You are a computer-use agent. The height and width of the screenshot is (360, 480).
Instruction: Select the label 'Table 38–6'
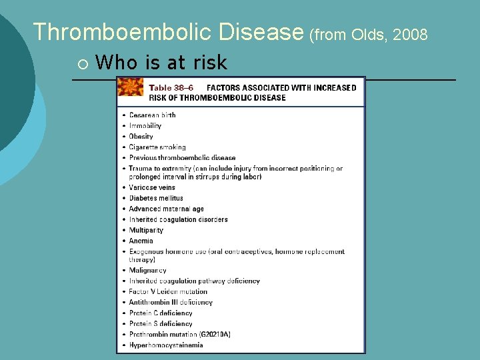point(171,87)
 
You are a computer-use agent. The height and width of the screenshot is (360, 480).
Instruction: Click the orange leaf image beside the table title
point(131,87)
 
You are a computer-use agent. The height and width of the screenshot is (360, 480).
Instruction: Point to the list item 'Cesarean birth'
point(152,115)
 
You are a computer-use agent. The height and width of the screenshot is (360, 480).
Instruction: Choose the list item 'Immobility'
point(145,126)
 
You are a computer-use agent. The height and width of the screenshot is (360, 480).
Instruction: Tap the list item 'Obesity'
point(141,137)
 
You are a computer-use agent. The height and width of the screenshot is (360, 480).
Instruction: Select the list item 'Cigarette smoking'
point(157,147)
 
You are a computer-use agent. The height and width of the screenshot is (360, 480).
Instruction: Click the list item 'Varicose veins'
point(152,187)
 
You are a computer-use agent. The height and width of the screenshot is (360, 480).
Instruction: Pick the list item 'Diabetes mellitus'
point(156,198)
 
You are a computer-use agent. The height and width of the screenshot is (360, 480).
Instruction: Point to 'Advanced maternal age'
point(167,209)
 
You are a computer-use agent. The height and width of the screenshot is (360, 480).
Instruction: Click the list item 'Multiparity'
point(146,230)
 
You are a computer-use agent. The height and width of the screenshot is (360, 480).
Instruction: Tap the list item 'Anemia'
point(141,241)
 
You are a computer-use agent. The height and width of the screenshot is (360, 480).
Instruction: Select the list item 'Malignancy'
point(147,271)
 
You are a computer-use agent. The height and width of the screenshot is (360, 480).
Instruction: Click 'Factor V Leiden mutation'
point(168,291)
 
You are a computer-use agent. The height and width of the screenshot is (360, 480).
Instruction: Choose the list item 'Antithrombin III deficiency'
point(171,302)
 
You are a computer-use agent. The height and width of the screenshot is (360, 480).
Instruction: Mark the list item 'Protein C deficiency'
point(161,313)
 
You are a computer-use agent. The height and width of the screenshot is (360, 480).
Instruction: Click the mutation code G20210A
point(214,334)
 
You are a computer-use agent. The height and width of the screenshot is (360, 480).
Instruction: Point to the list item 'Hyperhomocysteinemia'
point(166,345)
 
